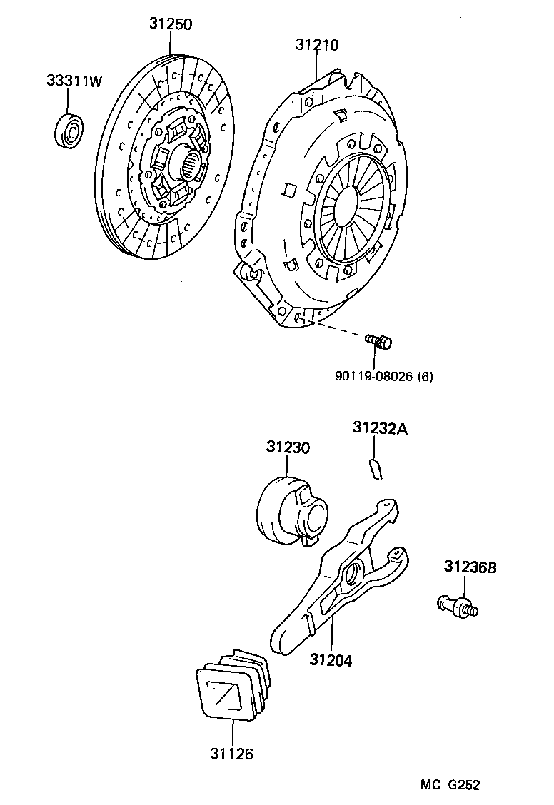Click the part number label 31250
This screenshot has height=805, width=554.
pyautogui.click(x=171, y=24)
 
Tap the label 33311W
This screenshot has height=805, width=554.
pyautogui.click(x=74, y=81)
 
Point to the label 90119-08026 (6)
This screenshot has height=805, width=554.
pyautogui.click(x=383, y=376)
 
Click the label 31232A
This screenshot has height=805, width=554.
pyautogui.click(x=380, y=428)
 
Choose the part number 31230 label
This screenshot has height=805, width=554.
pyautogui.click(x=288, y=447)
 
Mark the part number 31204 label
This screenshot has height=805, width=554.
pyautogui.click(x=331, y=660)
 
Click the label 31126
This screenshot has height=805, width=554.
pyautogui.click(x=231, y=753)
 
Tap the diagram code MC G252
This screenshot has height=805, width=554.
pyautogui.click(x=449, y=785)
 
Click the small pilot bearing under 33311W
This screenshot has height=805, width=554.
pyautogui.click(x=70, y=128)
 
